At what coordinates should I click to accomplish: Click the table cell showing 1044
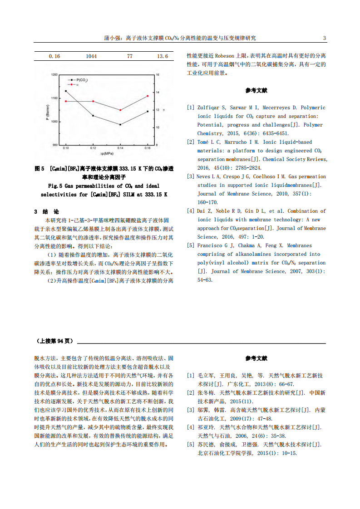tap(91, 56)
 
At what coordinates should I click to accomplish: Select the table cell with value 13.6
tap(163, 56)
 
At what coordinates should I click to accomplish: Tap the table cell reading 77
tap(130, 56)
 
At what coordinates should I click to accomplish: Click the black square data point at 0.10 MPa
tap(66, 91)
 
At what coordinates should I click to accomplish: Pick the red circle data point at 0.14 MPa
tap(120, 110)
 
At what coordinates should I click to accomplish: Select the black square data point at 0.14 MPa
tap(120, 124)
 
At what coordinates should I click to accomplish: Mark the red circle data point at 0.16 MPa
tap(148, 96)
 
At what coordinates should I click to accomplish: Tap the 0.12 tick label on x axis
tap(93, 148)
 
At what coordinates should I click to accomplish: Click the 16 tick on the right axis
tap(158, 74)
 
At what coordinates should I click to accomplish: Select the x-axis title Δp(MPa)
tap(107, 154)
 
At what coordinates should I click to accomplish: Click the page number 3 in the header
tap(324, 38)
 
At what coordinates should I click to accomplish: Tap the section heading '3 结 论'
tap(47, 212)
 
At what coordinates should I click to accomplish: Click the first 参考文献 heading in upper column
tap(256, 90)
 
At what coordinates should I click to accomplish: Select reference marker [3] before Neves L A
tap(191, 176)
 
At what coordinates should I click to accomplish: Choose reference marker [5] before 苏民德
tap(191, 445)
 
